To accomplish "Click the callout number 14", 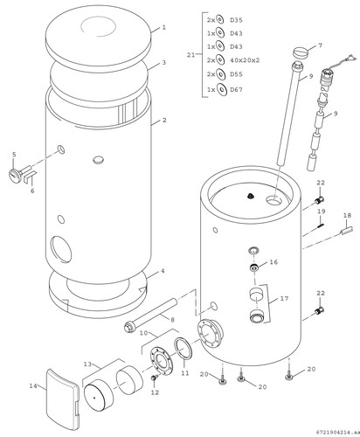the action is [33, 385].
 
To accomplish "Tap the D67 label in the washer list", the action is [236, 90].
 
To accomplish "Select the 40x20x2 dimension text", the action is [245, 60].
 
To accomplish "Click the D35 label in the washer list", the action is [236, 20].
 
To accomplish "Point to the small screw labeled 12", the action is [154, 378].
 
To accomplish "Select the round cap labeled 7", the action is [300, 53].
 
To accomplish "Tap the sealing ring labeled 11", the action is [183, 349].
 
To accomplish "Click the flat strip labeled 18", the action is [347, 230].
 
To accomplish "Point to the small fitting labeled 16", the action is [254, 267].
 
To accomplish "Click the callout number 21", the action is [190, 55].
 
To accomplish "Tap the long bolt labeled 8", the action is [150, 316].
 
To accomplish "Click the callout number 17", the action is [284, 299].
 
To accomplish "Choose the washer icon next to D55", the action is [220, 74].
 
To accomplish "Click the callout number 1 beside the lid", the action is [164, 28].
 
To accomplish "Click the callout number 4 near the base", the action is [163, 271].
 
